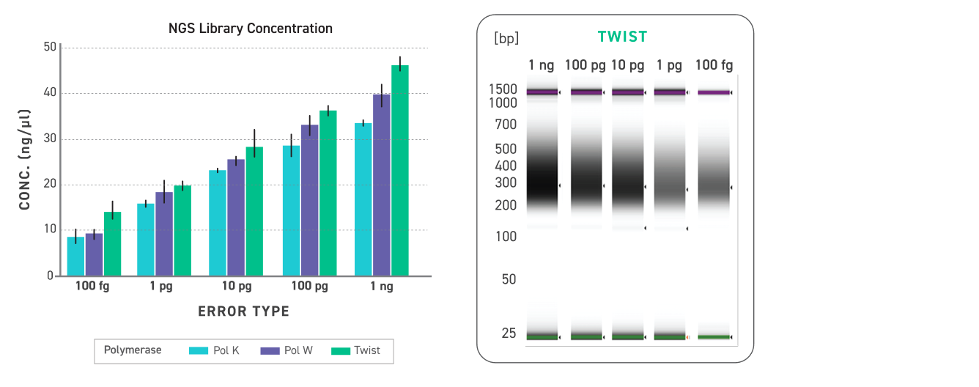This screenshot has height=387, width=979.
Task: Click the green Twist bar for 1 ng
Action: (x=400, y=170)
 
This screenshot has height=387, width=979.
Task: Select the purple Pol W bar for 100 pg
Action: (x=309, y=200)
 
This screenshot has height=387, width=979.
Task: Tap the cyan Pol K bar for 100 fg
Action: (x=76, y=256)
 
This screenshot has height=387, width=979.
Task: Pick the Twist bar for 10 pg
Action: (x=254, y=211)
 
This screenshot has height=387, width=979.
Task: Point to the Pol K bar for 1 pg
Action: (x=146, y=240)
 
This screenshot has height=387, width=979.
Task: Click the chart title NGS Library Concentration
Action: (x=251, y=29)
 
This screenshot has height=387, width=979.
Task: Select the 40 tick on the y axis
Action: (x=50, y=93)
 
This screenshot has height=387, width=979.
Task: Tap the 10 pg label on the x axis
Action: (x=236, y=287)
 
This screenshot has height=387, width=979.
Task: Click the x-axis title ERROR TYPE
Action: (x=243, y=312)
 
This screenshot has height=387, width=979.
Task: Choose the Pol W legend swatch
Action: (x=271, y=350)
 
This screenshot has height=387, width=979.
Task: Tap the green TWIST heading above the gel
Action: (x=622, y=37)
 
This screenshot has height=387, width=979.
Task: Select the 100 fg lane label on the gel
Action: (x=713, y=65)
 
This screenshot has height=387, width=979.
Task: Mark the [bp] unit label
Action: (x=506, y=38)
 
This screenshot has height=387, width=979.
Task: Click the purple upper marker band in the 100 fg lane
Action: (x=714, y=92)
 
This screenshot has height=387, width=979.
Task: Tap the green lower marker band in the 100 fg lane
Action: (x=714, y=336)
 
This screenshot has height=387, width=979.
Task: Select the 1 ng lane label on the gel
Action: (x=542, y=65)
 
